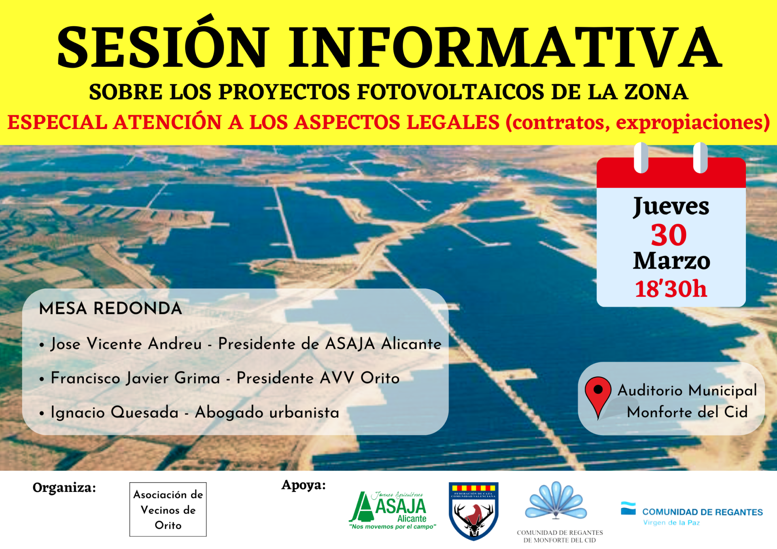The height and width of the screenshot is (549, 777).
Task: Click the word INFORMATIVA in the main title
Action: [x=505, y=47]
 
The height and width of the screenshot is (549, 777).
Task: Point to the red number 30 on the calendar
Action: [x=669, y=235]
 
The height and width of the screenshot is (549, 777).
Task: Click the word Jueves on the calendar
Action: [x=671, y=207]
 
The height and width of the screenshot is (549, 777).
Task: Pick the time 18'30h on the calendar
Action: [x=671, y=288]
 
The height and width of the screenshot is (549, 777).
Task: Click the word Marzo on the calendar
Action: [x=672, y=261]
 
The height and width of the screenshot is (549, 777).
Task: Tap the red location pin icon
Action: [x=598, y=394]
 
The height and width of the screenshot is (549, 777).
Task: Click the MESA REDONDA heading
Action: [x=110, y=308]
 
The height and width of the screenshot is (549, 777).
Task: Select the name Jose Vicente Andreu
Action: [x=126, y=344]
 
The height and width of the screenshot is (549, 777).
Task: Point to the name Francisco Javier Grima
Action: [x=135, y=378]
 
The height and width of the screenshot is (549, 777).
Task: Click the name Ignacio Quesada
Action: [x=115, y=412]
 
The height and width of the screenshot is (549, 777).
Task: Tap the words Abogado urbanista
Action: [x=267, y=412]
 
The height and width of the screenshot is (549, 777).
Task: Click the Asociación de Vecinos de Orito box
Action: [x=168, y=509]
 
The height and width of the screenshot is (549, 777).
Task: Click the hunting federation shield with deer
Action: [x=473, y=511]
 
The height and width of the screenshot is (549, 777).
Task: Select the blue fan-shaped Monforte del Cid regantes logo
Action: [x=556, y=500]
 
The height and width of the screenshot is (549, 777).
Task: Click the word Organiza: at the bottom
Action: [x=64, y=488]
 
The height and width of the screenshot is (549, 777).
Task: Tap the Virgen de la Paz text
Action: [x=671, y=522]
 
